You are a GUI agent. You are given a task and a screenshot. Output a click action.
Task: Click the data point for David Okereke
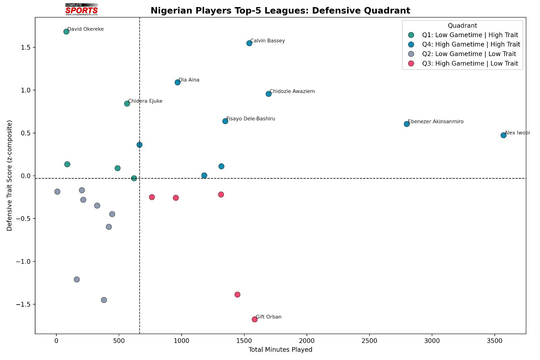point(66,32)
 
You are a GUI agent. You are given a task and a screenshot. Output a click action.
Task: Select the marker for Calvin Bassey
point(249,43)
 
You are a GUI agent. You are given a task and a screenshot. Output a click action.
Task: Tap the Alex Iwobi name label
point(517,133)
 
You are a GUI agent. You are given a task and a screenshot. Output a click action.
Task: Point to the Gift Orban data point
point(255,319)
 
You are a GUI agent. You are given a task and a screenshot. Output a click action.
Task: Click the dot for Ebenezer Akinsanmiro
point(407,124)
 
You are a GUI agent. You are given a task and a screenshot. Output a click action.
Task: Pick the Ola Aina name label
point(189,80)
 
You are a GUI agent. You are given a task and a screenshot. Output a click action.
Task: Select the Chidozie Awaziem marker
point(269,94)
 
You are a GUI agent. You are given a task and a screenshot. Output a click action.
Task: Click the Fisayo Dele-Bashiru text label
point(251,119)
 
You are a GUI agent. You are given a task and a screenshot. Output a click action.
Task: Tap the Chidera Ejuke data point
point(127,104)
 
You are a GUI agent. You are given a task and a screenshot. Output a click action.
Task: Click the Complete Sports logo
point(82,9)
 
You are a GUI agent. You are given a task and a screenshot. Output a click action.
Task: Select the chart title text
point(280,11)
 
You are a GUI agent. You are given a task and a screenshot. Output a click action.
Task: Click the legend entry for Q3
point(470,63)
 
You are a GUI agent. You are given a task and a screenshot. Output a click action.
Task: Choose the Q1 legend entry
point(470,35)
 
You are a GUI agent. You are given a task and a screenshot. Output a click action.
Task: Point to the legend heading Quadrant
point(462,26)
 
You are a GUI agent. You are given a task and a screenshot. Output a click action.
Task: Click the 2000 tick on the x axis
point(307,341)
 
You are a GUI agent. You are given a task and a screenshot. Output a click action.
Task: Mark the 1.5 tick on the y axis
point(26,48)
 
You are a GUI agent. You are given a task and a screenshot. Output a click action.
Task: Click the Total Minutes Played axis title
point(280,350)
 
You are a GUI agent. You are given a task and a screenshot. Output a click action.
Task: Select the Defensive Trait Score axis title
point(9,176)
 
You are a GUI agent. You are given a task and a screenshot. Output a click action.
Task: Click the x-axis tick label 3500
point(494,341)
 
